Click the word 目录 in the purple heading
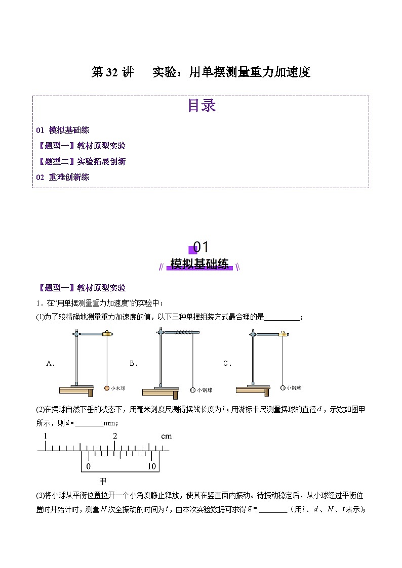click(x=202, y=105)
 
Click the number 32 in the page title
click(x=111, y=72)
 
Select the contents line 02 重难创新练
click(x=63, y=177)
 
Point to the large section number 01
click(x=201, y=247)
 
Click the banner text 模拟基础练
click(x=199, y=264)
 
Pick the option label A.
click(x=50, y=363)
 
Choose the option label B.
click(x=134, y=363)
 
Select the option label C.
click(x=227, y=363)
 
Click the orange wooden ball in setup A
click(x=107, y=388)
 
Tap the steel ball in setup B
click(x=193, y=390)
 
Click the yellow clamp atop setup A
click(x=107, y=333)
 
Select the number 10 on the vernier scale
click(x=151, y=466)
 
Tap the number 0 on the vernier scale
click(x=88, y=466)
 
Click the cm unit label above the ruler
click(x=166, y=436)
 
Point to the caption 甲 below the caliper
click(x=102, y=481)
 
